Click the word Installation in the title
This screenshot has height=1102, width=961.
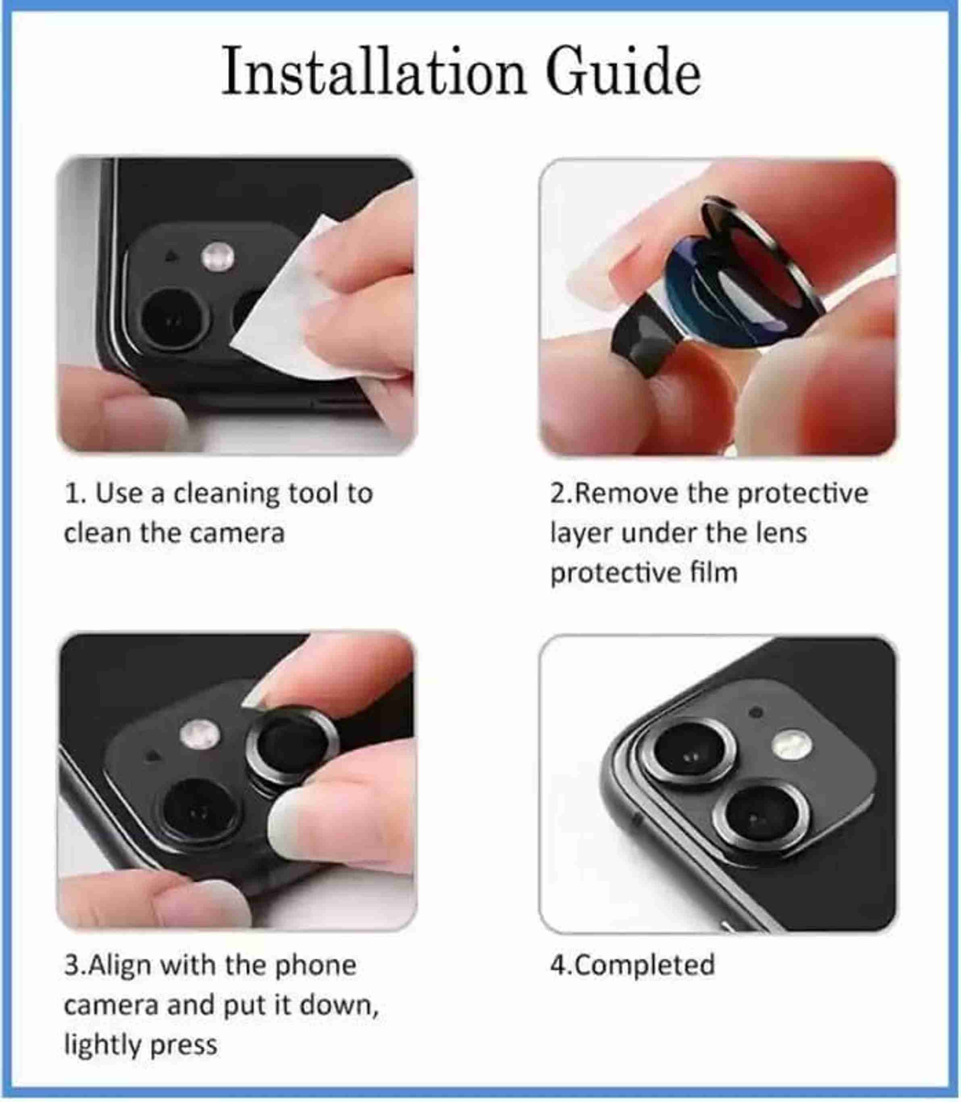(x=373, y=71)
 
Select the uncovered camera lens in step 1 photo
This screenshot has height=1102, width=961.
(x=172, y=319)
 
